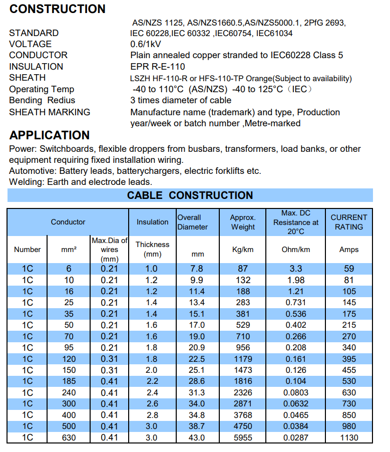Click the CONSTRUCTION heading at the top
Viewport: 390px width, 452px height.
[57, 9]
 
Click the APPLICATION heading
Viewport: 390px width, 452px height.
[50, 135]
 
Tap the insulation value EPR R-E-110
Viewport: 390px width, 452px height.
[158, 67]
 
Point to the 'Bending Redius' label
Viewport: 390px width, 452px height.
[42, 101]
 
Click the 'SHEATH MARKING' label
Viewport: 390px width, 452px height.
[50, 112]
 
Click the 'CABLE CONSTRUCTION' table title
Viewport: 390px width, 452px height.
[190, 195]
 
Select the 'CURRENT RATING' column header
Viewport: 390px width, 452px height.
[349, 222]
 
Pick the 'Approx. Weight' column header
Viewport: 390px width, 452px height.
[243, 222]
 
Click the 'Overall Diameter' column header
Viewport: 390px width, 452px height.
[192, 222]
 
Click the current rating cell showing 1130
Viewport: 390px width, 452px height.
[349, 437]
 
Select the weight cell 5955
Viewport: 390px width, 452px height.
[243, 437]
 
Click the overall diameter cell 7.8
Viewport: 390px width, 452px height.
[198, 269]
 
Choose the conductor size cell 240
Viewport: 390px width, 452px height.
[69, 392]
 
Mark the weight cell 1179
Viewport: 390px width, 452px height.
[243, 359]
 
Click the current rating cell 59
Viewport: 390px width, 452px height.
[349, 269]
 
